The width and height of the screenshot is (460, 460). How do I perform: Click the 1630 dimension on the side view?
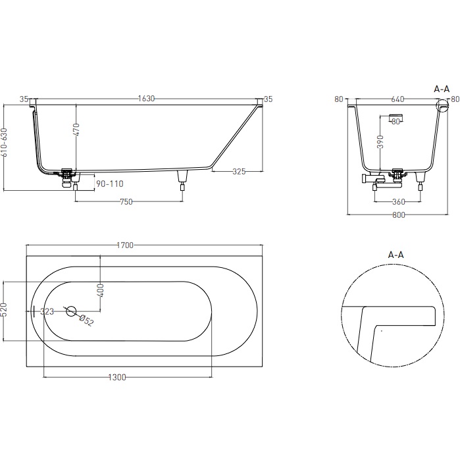pos(146,99)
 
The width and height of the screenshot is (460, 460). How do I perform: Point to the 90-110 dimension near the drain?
pos(110,184)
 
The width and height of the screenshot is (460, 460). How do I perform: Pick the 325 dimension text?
pos(238,172)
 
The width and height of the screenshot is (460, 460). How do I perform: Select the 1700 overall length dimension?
pos(125,245)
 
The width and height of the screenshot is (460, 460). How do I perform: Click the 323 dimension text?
pos(47,311)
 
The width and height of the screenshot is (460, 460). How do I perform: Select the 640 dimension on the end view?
pos(397,99)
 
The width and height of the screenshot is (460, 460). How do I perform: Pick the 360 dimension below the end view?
pos(398,201)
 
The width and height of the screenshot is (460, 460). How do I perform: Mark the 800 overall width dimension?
pos(397,215)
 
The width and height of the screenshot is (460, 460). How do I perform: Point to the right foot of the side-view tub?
pos(182,177)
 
